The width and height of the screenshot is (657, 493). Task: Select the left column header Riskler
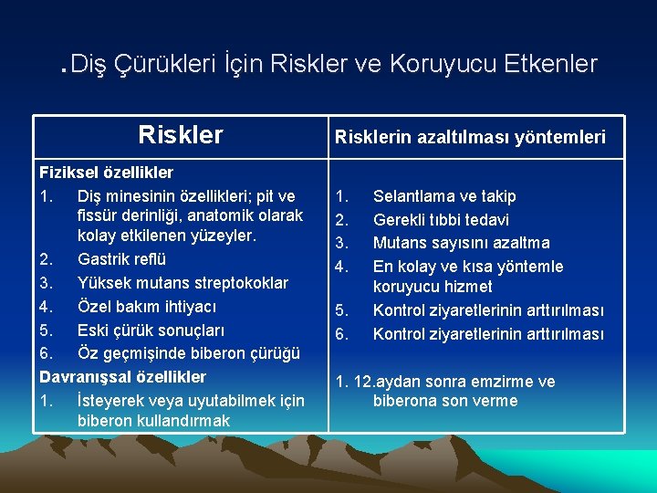coord(180,135)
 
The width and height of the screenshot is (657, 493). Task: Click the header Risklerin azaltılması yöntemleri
coord(470,137)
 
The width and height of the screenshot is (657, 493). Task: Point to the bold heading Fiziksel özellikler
coord(106,172)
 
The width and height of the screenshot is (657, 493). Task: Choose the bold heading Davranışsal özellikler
coord(122,376)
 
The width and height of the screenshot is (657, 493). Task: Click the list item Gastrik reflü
coord(121,259)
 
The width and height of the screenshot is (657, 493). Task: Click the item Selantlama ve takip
coord(444,196)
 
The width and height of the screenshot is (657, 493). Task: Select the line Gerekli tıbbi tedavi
coord(441,220)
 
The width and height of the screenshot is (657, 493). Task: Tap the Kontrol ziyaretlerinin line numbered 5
coord(488,310)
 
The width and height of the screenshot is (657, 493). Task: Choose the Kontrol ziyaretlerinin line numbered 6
coord(488,334)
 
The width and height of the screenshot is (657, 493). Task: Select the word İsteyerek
coord(114,400)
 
